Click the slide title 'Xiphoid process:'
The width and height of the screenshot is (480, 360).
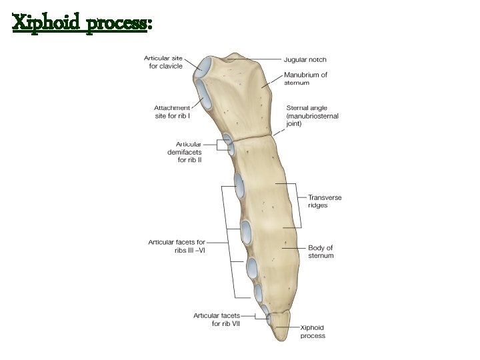[x=83, y=24]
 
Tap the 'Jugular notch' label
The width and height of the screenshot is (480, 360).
[x=305, y=60]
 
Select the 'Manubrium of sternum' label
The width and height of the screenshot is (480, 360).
[x=306, y=79]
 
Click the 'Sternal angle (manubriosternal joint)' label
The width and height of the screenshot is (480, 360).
[x=312, y=115]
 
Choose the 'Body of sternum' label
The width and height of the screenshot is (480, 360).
[x=320, y=251]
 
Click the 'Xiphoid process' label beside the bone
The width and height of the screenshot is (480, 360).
[x=313, y=331]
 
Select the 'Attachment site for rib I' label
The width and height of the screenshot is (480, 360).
[x=172, y=111]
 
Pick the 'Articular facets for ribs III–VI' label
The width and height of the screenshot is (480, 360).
[x=177, y=246]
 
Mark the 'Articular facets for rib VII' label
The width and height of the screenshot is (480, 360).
[x=217, y=319]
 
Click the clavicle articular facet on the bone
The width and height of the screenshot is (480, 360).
[x=205, y=66]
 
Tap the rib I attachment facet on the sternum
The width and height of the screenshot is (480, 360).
[x=202, y=94]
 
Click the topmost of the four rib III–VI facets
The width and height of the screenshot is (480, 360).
[x=239, y=185]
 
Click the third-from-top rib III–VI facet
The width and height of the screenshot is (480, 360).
[x=252, y=268]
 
